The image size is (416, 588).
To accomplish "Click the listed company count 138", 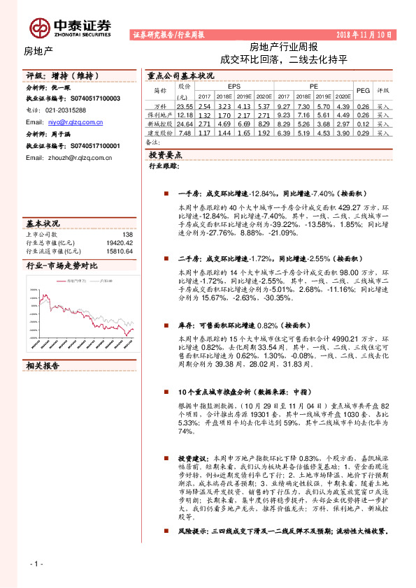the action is coord(127,235).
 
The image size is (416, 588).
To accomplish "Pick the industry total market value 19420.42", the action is coord(120,243).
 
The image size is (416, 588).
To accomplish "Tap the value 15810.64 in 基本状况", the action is coord(120,251).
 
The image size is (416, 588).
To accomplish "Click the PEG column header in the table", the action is coord(363,90).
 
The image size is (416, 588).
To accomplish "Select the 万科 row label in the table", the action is coord(159,105).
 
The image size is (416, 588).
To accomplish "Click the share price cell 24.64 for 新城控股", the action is coord(184,123).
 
